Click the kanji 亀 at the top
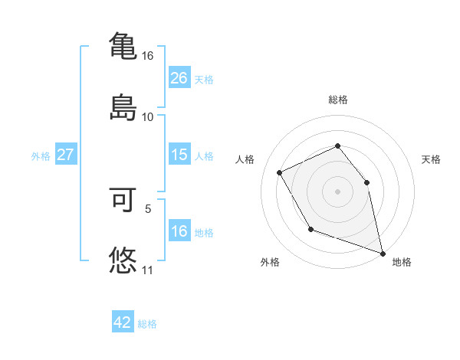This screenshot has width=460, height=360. pos(123,45)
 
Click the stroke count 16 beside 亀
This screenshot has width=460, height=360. pos(148,56)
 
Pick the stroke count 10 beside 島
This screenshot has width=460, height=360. pos(148,116)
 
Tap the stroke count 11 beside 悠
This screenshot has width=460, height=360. pos(148,270)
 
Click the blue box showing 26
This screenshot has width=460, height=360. pos(179,78)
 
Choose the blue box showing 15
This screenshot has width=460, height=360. pos(179,155)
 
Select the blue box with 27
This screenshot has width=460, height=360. pos(65,155)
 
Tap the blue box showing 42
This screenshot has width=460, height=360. pos(123,322)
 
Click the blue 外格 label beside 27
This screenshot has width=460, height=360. pos(41,155)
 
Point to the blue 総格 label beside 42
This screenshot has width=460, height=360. pos(147,324)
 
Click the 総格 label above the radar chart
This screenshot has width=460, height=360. pos(338,100)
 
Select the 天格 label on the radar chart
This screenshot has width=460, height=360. pos(431,159)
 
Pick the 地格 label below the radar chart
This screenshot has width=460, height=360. pos(402,262)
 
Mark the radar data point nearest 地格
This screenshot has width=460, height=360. pos(383,252)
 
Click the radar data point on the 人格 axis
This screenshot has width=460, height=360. pos(280,172)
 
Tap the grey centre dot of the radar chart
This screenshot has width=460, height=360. pos(337,191)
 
